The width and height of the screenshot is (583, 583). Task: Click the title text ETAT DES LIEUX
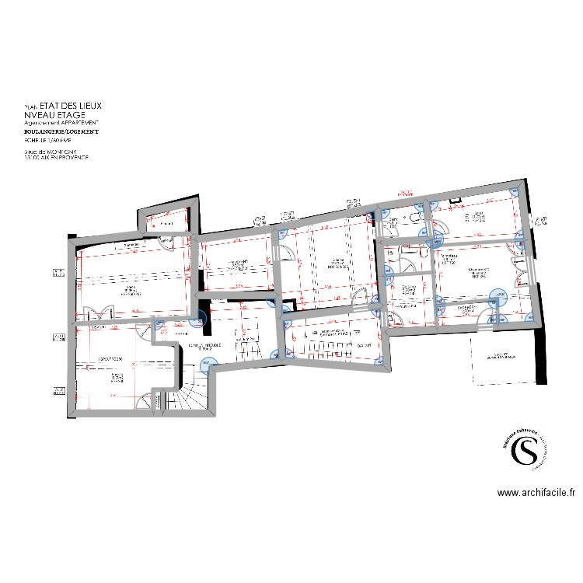point(70,105)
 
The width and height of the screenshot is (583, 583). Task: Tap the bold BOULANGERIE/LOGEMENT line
point(61,132)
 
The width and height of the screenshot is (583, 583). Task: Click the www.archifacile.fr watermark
point(536,492)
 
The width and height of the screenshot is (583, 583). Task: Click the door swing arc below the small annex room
point(166,242)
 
